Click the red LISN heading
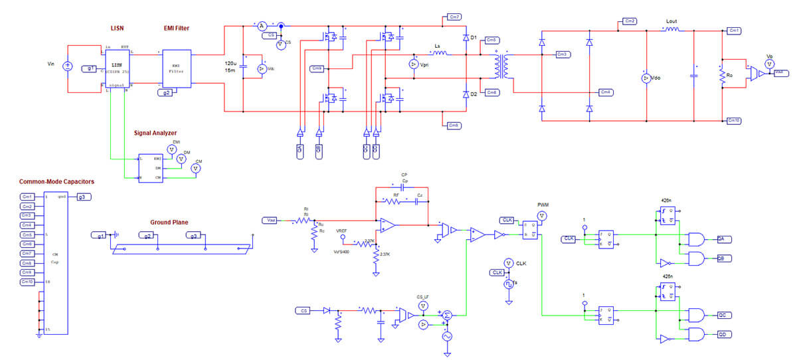118,28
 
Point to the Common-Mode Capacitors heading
56,181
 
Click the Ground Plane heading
171,223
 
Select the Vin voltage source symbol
67,66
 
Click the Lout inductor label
671,21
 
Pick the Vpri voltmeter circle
414,64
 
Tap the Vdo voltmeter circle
644,78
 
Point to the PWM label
543,206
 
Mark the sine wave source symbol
446,336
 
